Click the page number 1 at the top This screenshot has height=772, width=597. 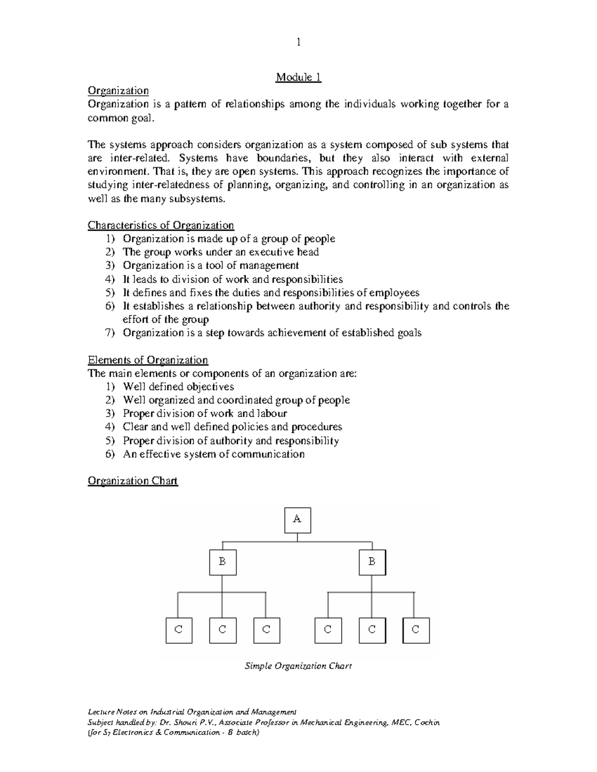coord(298,42)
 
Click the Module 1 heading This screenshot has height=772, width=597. coord(298,78)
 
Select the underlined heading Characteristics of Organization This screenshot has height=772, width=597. coord(161,225)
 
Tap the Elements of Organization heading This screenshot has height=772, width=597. coord(148,360)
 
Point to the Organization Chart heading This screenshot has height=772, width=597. coord(132,481)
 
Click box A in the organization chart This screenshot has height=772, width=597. coord(298,520)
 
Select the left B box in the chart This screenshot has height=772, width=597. coord(222,562)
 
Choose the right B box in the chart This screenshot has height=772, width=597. coord(372,562)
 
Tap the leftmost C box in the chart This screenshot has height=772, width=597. coord(179,630)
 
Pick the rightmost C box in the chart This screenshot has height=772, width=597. coord(415,630)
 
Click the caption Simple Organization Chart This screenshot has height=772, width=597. coord(298,666)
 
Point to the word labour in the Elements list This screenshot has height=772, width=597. coord(272,414)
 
